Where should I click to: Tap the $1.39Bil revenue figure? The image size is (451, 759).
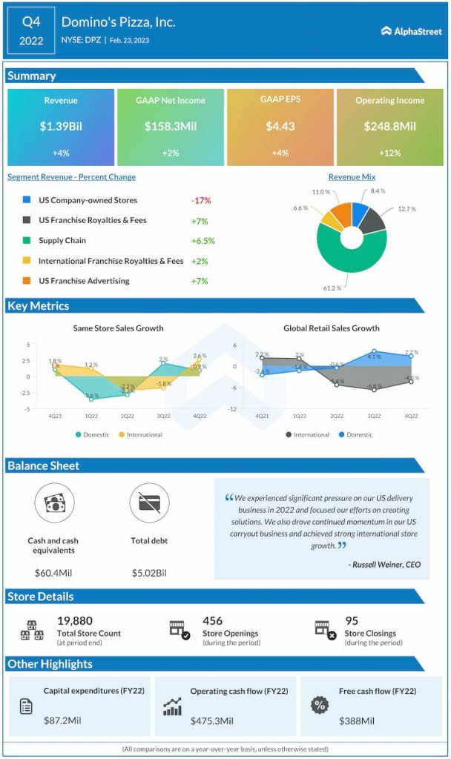61,127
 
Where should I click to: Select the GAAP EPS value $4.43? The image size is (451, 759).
280,127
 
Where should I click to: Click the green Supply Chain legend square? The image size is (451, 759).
27,241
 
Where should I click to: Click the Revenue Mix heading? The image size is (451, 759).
352,177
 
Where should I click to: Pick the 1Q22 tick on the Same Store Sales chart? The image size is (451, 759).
91,417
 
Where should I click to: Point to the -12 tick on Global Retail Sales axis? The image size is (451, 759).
231,409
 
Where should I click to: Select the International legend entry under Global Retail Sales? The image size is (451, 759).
307,434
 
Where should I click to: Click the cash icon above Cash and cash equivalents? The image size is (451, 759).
53,503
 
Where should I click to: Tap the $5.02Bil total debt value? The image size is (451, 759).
149,572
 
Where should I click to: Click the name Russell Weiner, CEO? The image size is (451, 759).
384,565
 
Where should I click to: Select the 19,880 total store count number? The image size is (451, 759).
75,621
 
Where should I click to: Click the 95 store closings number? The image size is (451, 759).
352,621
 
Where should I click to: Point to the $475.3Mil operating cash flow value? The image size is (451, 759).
211,720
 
